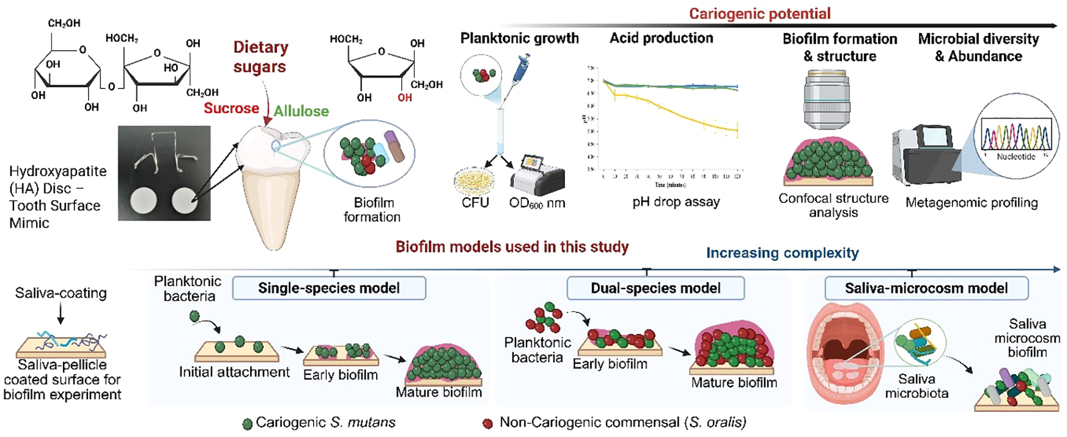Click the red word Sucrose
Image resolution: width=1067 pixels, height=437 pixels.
coord(231,108)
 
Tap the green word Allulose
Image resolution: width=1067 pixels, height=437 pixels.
coord(301,111)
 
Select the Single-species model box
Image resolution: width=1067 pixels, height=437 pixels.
coord(329,288)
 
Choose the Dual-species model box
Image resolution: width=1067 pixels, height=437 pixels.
coord(655,288)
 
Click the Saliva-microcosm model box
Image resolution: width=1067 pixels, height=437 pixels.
coord(926,288)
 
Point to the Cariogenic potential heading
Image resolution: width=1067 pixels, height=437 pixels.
coord(759,13)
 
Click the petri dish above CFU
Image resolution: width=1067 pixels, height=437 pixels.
coord(475,181)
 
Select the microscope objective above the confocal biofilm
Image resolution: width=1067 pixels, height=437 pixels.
coord(827,102)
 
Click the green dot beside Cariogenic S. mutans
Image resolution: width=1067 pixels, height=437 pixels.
coord(247,424)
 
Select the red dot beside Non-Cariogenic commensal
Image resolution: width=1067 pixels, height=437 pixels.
coord(487,424)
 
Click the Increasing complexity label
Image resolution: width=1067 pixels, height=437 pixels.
coord(782,253)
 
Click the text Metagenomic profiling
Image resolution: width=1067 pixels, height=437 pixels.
coord(971,203)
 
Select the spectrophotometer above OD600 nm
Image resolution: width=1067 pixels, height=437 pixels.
coord(538,175)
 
